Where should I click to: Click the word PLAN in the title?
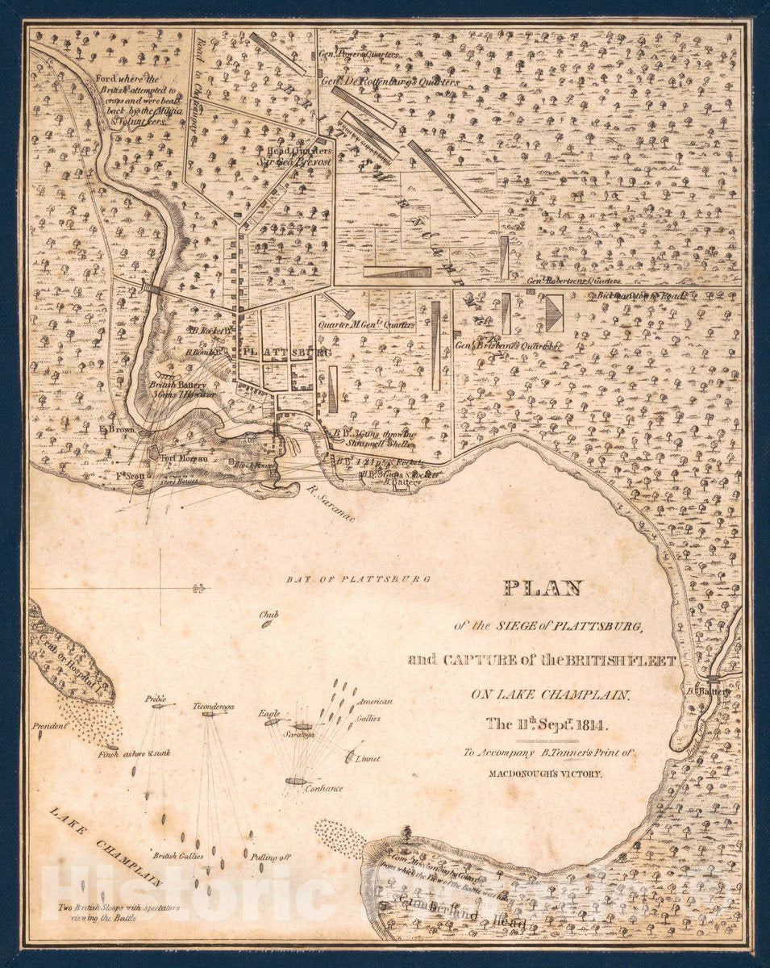coord(543,588)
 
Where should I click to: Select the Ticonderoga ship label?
coord(213,706)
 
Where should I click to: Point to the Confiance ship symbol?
coord(296,780)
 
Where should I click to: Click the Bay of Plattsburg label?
coord(359,578)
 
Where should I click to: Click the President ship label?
coord(49,726)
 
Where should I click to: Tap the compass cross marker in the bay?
coord(161,589)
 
